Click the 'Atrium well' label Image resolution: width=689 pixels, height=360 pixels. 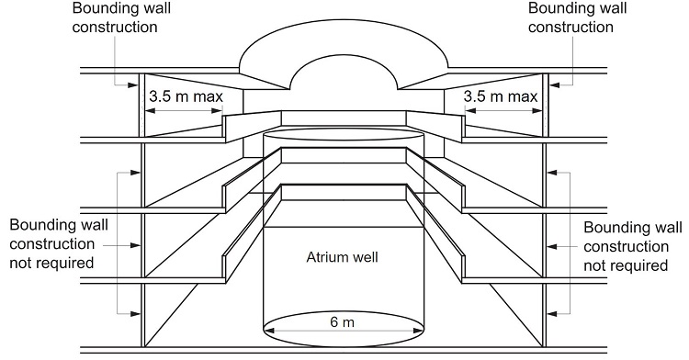[342, 257]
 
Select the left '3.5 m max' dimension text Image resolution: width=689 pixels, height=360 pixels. [183, 95]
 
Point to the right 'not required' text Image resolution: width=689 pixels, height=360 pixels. [627, 265]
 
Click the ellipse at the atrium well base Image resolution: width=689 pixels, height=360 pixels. [345, 327]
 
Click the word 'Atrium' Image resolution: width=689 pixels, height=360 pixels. [323, 257]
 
